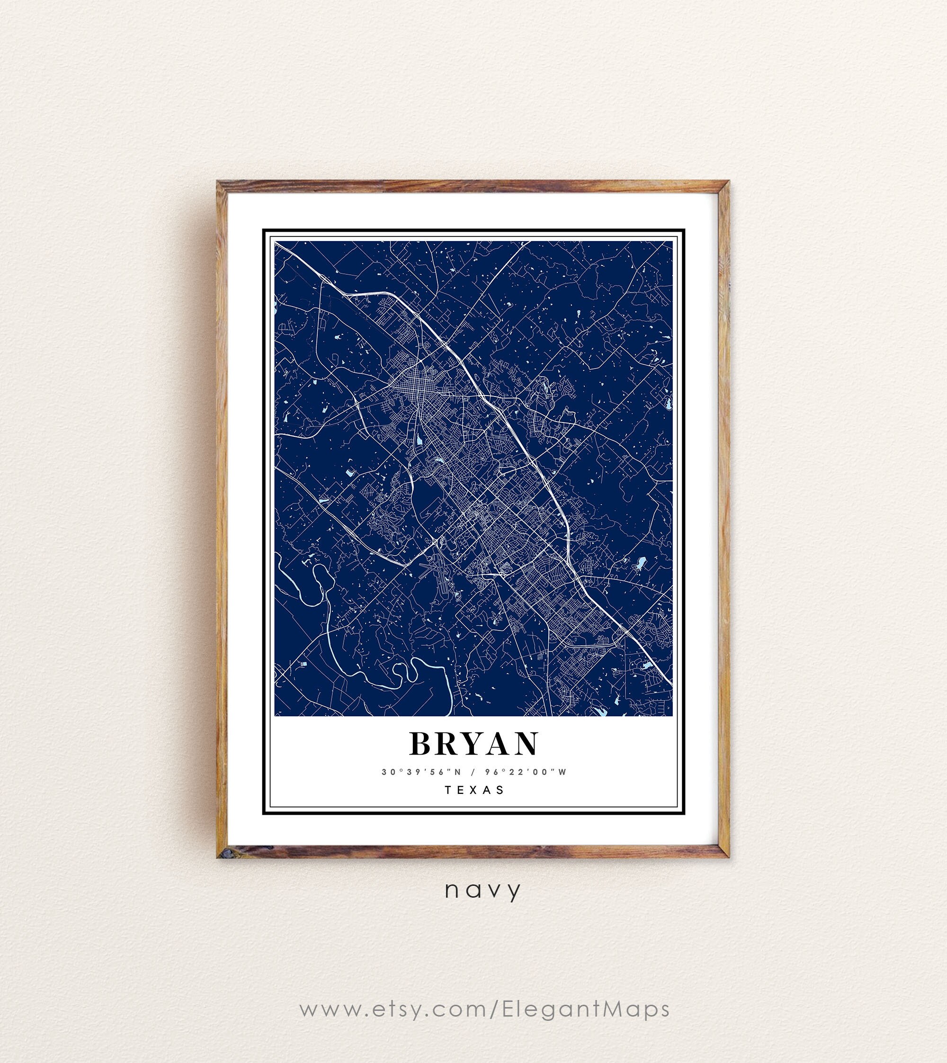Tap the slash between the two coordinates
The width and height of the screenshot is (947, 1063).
point(473,773)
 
